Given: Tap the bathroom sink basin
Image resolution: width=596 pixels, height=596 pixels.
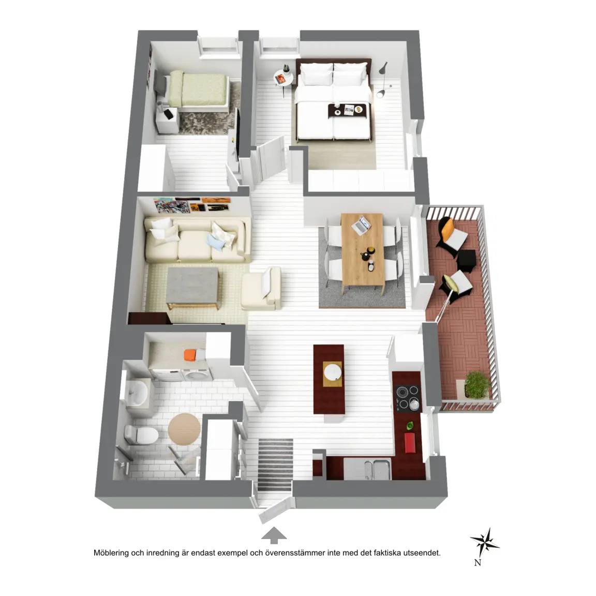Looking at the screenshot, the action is [137, 393].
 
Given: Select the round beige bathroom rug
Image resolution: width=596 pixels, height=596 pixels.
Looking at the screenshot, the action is [184, 429].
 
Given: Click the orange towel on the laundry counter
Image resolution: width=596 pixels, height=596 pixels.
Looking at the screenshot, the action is [190, 355].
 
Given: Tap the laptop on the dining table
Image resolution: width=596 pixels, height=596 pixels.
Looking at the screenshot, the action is [361, 225].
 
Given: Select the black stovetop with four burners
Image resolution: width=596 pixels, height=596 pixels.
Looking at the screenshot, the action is [408, 398].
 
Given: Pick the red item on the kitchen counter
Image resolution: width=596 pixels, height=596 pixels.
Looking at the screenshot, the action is [410, 443].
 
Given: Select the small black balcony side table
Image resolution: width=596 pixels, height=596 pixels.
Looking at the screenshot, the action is [466, 260].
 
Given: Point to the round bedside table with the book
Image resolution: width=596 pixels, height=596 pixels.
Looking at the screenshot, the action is [284, 79].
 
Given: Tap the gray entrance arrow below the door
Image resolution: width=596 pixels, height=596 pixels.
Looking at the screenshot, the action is [274, 535].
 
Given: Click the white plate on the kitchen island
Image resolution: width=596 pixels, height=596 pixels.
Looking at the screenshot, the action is [333, 372].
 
